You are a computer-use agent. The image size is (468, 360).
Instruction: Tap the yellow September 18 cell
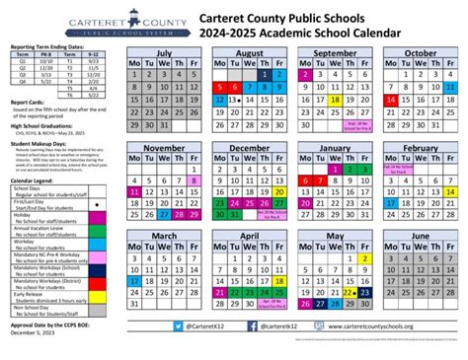[336, 100]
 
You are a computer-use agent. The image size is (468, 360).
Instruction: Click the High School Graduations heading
[43, 125]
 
